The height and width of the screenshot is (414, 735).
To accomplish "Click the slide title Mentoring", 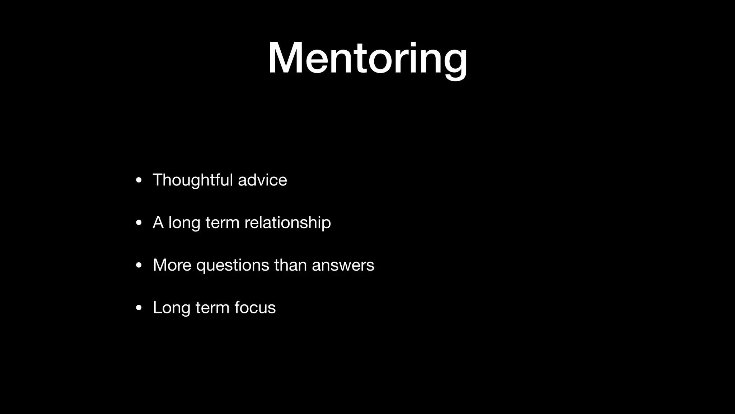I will click(367, 58).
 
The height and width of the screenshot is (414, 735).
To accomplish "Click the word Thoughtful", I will click(193, 180).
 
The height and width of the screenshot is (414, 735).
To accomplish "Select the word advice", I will click(262, 180).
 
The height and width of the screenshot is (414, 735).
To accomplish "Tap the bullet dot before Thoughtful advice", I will click(139, 180).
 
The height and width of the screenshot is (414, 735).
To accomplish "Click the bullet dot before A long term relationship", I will click(139, 223).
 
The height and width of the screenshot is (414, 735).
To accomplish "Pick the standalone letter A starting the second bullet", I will click(158, 222).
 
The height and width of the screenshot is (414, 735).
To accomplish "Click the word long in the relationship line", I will click(184, 223).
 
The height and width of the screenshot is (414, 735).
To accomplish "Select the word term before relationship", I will click(222, 223).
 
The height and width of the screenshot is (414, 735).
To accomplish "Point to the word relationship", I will click(287, 223).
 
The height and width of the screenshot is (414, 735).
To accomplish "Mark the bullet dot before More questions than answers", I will click(139, 266).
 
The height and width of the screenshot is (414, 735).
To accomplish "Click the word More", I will click(172, 265).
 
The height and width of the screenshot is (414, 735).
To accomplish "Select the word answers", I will click(343, 266).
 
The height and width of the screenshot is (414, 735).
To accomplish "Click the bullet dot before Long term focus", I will click(139, 308).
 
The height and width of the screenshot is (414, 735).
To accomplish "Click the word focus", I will click(255, 308).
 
